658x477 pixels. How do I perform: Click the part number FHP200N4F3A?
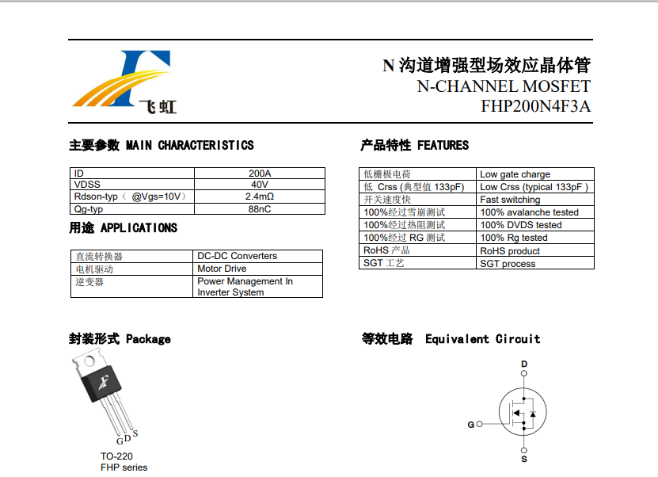[535, 107]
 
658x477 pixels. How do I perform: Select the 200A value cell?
[260, 174]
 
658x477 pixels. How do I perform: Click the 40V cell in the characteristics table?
[260, 185]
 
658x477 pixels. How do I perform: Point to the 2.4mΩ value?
[260, 197]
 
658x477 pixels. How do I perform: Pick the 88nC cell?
[260, 208]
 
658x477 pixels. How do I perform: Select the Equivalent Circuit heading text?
[482, 339]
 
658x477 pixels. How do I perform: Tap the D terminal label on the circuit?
[523, 364]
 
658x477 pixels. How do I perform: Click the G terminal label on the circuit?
[470, 425]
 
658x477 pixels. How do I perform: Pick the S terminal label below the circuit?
[523, 459]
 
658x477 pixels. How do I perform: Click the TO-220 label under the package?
[116, 456]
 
